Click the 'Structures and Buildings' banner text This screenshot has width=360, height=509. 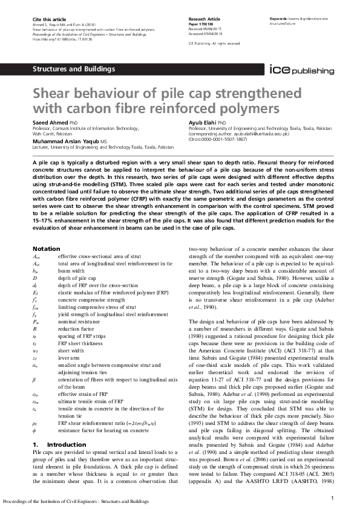pyautogui.click(x=74, y=69)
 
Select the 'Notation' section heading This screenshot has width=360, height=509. pyautogui.click(x=46, y=248)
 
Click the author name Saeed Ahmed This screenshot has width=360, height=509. pyautogui.click(x=48, y=123)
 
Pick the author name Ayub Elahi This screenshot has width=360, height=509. pyautogui.click(x=204, y=123)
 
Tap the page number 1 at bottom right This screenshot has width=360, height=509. pyautogui.click(x=333, y=498)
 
